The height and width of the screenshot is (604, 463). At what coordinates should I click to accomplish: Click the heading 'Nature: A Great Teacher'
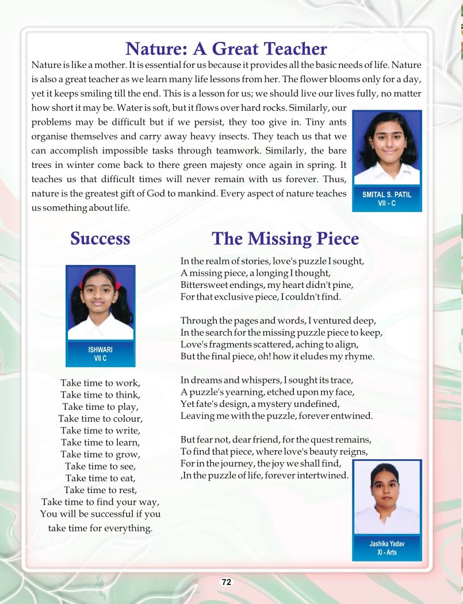coord(226,48)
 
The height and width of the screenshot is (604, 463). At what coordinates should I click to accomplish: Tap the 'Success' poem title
coord(100,238)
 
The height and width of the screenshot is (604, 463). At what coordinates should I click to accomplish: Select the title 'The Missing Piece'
coord(285,238)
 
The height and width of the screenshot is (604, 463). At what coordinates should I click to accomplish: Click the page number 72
coord(227,582)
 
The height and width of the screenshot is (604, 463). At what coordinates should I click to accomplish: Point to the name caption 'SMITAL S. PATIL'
coord(387,195)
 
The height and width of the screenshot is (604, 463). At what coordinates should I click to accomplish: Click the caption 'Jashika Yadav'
coord(387,543)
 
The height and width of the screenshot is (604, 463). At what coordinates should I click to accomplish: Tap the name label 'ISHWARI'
coord(100,349)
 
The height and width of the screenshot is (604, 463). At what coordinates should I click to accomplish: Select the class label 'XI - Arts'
coord(387,552)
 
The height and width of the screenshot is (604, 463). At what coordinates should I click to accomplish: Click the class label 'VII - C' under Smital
coord(387,203)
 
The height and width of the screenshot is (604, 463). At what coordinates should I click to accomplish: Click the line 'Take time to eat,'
coord(100,478)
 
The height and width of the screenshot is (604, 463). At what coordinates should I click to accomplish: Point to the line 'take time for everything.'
coord(100,528)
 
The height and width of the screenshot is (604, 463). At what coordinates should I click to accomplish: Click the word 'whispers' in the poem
coord(255,380)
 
